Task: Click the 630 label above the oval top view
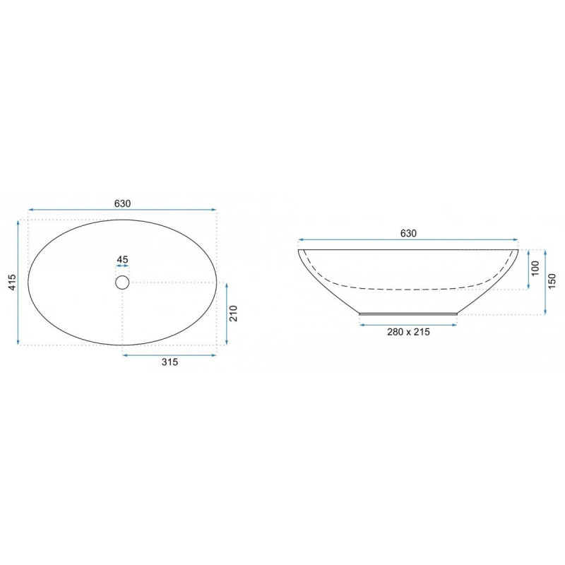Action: [x=122, y=203]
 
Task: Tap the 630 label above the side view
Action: [x=408, y=234]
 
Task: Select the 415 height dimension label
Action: [x=12, y=282]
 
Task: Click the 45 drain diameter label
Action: [x=122, y=259]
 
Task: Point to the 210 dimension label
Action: [x=234, y=314]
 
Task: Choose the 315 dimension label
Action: [x=169, y=362]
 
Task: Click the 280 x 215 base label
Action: [x=408, y=332]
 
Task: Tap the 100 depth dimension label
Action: [x=535, y=268]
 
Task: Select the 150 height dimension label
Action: [x=552, y=281]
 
